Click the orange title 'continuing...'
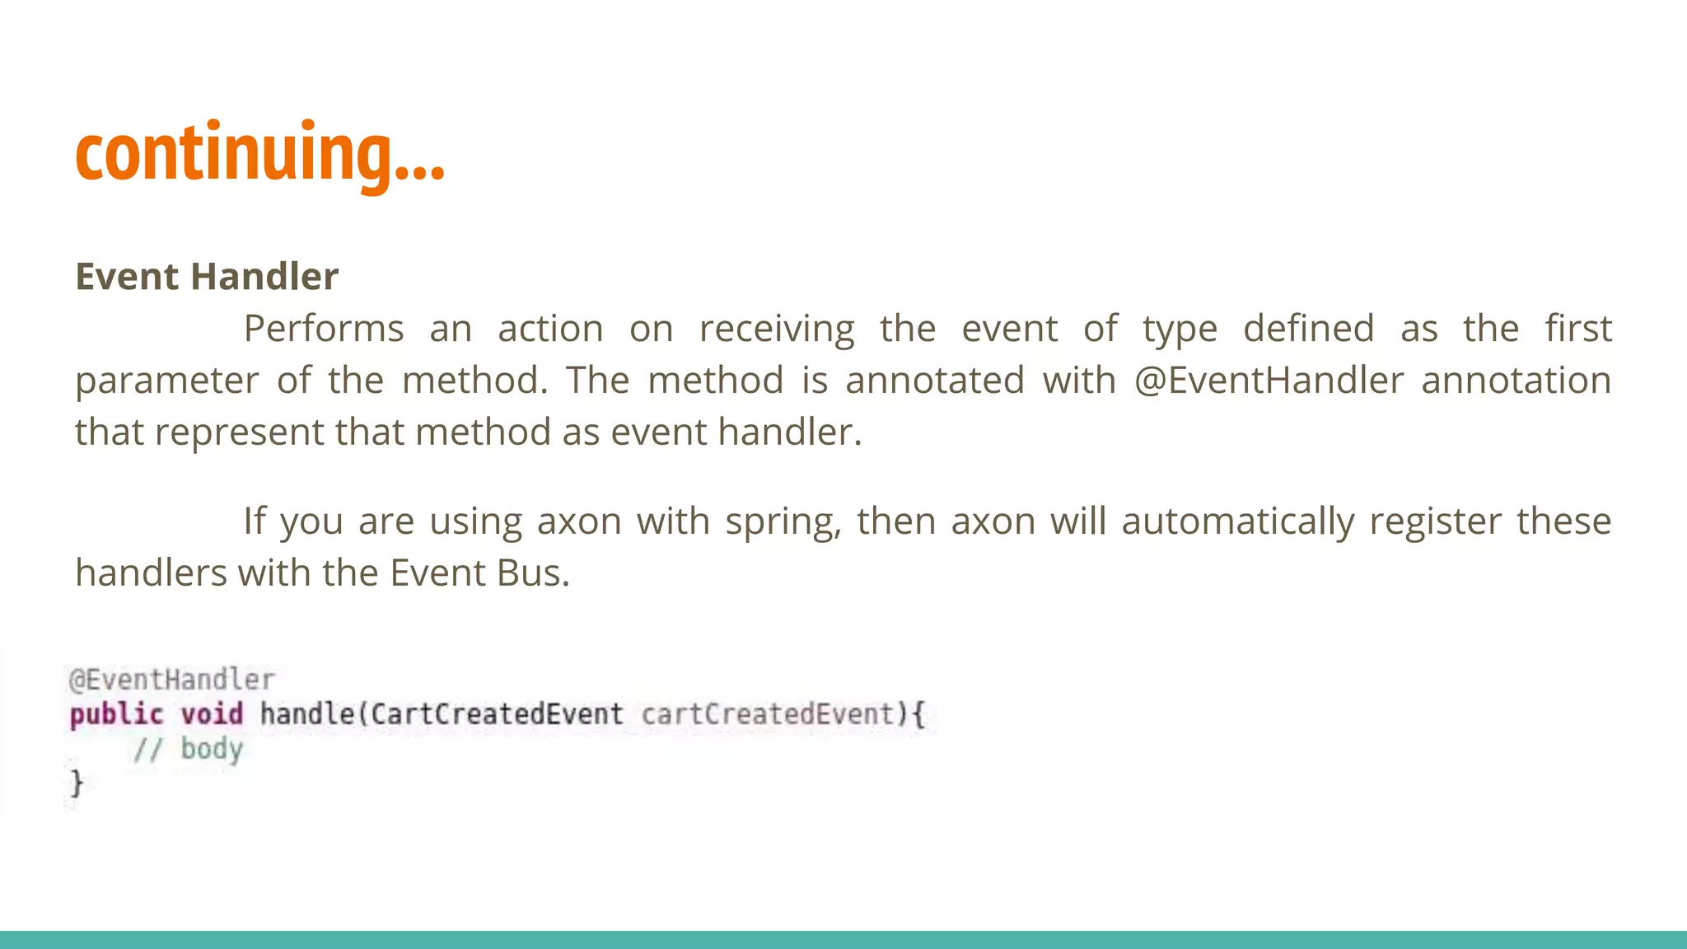click(x=259, y=153)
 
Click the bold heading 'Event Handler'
click(x=207, y=277)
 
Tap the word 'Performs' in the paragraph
click(x=324, y=329)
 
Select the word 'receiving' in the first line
click(x=777, y=329)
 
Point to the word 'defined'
click(x=1308, y=329)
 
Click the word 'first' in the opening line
click(x=1577, y=329)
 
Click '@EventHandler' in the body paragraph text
click(x=1269, y=381)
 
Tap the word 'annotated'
click(x=934, y=381)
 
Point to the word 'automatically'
click(x=1237, y=522)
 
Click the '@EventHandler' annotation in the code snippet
click(x=171, y=680)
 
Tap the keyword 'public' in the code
click(x=116, y=714)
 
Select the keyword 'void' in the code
click(x=212, y=713)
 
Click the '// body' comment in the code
click(x=188, y=749)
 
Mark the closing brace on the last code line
click(x=77, y=783)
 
